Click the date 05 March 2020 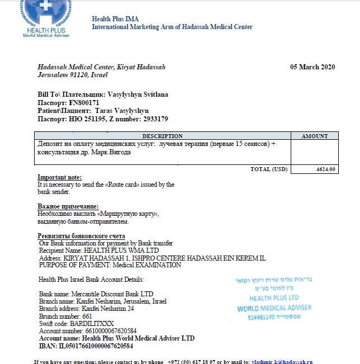312,68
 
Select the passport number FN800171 84,103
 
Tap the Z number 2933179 149,119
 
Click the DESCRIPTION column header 162,136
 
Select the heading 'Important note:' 59,177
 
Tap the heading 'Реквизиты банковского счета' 81,236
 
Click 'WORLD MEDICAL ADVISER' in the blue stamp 274,308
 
